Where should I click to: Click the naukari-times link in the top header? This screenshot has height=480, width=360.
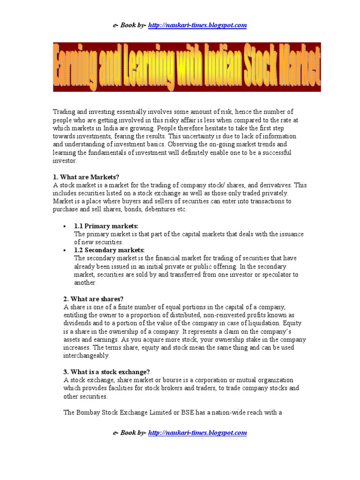[x=197, y=25]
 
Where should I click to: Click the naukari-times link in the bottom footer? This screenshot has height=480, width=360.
[x=197, y=433]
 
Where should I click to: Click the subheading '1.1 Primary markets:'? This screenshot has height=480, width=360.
[x=106, y=226]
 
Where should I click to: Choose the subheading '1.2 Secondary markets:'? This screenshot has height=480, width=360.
[x=109, y=250]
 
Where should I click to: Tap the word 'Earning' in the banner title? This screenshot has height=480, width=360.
[x=80, y=67]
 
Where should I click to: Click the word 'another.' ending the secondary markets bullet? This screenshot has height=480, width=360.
[x=85, y=283]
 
